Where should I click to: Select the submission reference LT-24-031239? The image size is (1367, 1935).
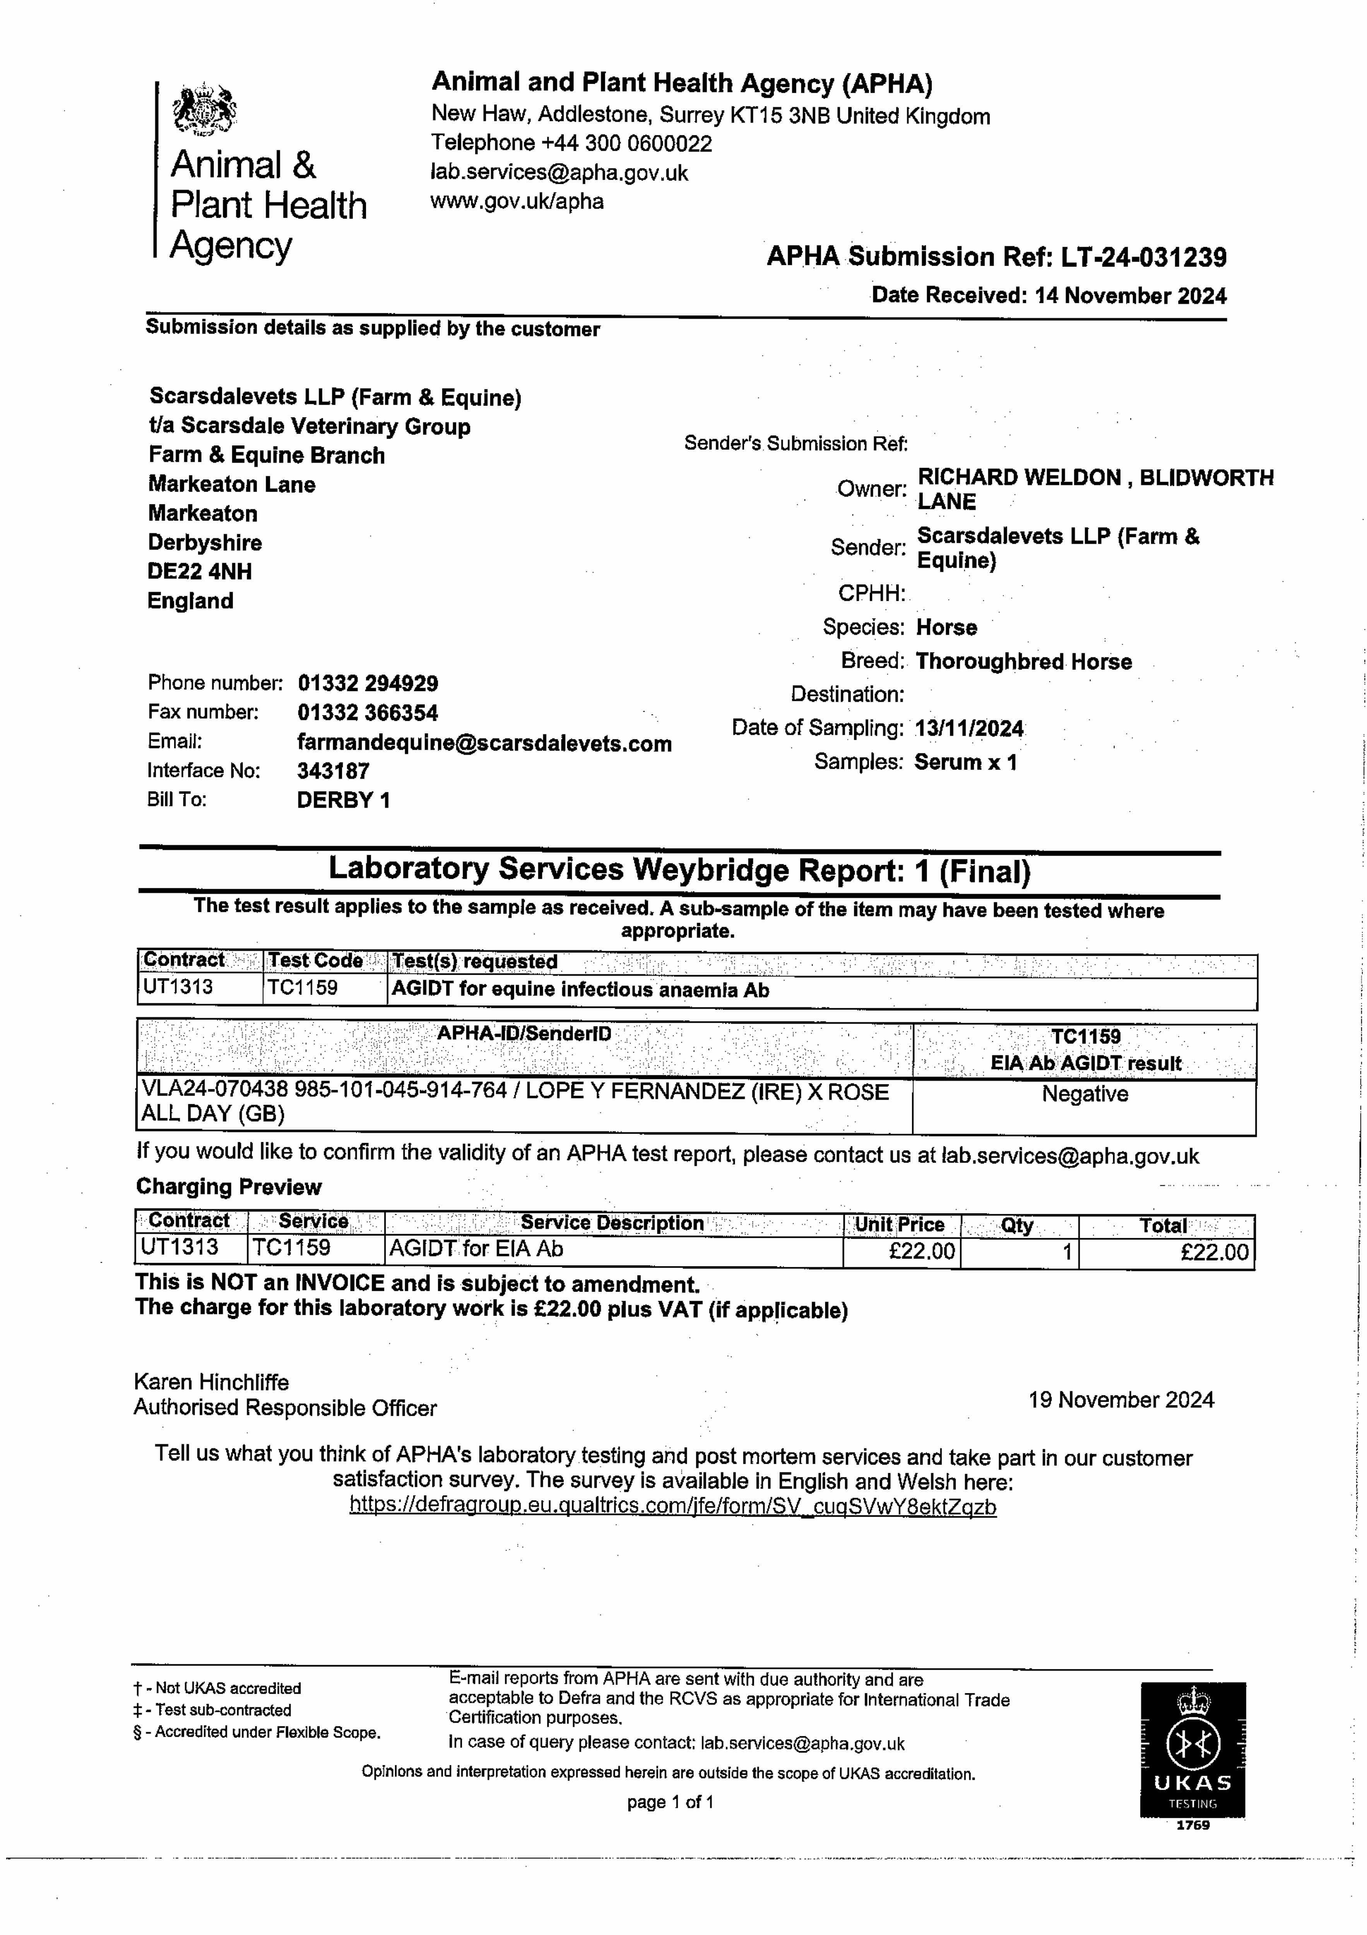click(x=1143, y=257)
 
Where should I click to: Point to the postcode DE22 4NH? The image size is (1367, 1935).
click(x=200, y=571)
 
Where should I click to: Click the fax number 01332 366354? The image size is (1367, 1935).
click(x=368, y=713)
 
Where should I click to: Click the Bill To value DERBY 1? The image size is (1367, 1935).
click(x=343, y=800)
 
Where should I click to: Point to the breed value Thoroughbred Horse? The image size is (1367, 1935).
click(x=1023, y=661)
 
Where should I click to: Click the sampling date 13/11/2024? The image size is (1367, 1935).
click(x=969, y=728)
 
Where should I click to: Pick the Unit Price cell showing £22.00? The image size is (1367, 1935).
click(x=921, y=1252)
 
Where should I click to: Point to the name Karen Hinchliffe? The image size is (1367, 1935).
click(x=211, y=1382)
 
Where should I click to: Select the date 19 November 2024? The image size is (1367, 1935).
click(x=1121, y=1400)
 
